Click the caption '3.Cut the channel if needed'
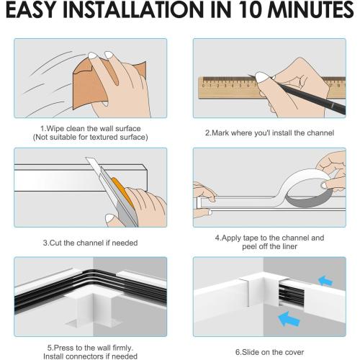[90, 242]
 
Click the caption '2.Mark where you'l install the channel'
[270, 132]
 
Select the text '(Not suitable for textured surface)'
[90, 137]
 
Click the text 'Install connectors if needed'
[90, 355]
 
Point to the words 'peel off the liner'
[270, 246]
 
